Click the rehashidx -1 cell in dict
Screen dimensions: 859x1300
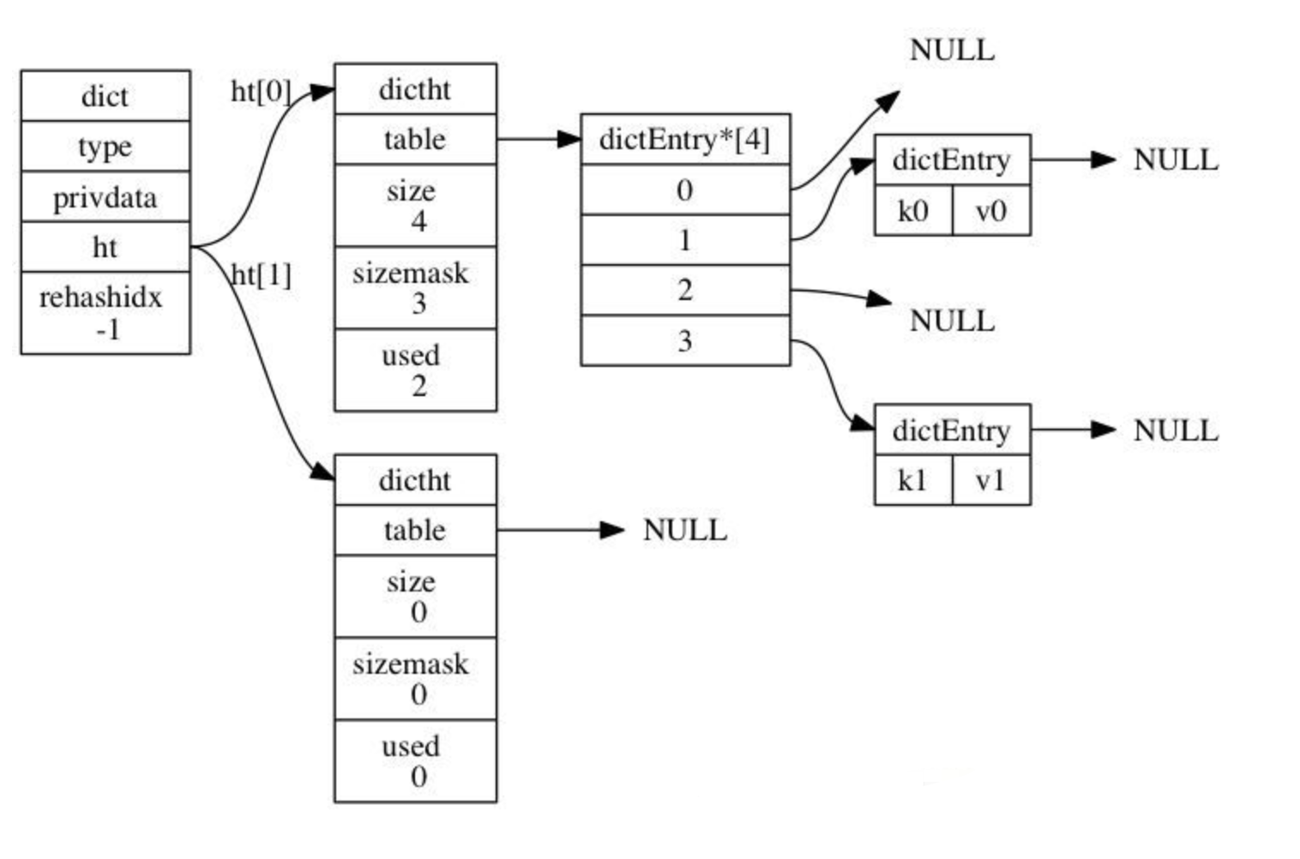pyautogui.click(x=105, y=313)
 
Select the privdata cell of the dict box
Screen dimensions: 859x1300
pyautogui.click(x=105, y=197)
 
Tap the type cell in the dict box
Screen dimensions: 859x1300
pyautogui.click(x=105, y=147)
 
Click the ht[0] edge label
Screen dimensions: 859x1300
pyautogui.click(x=261, y=91)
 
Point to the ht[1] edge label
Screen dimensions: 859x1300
pyautogui.click(x=262, y=274)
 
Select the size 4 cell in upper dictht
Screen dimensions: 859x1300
pyautogui.click(x=415, y=206)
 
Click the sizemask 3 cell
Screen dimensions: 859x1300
pyautogui.click(x=415, y=288)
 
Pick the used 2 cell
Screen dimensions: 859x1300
pyautogui.click(x=415, y=370)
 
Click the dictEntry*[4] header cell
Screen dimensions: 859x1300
pyautogui.click(x=685, y=140)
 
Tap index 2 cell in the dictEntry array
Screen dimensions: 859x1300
pyautogui.click(x=685, y=291)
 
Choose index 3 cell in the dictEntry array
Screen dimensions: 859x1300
pyautogui.click(x=685, y=341)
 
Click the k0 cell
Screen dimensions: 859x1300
pyautogui.click(x=912, y=211)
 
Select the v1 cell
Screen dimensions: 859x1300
pyautogui.click(x=990, y=481)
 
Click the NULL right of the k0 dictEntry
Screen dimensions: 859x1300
pyautogui.click(x=1175, y=159)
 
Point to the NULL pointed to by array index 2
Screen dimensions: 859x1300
pyautogui.click(x=952, y=321)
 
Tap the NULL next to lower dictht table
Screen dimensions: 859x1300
pyautogui.click(x=684, y=530)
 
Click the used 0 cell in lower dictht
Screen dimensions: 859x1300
pyautogui.click(x=415, y=761)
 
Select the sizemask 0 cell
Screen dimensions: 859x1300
pyautogui.click(x=415, y=679)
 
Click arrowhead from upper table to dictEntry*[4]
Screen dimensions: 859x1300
pyautogui.click(x=569, y=139)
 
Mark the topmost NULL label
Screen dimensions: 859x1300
pyautogui.click(x=952, y=50)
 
